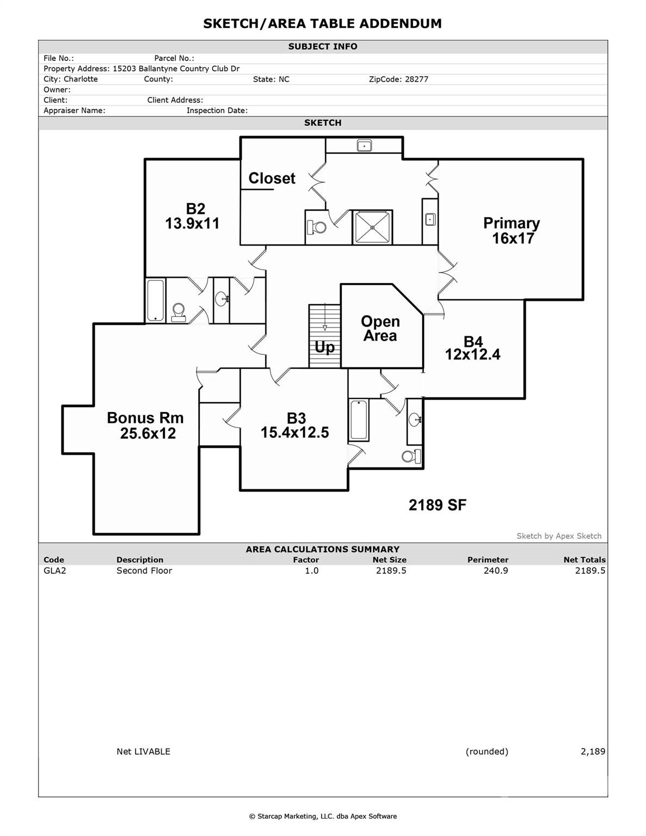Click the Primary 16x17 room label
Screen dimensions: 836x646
(512, 231)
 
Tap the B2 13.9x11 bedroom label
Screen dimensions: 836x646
(193, 216)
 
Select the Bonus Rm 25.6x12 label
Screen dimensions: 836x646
(146, 426)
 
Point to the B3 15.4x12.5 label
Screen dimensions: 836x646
(295, 426)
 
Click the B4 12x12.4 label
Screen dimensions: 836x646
(472, 348)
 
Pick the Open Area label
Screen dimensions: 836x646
(380, 329)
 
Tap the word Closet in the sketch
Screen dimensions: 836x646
(272, 179)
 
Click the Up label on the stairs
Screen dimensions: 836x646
(325, 347)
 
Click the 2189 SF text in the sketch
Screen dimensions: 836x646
(438, 505)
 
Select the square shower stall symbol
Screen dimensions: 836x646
(372, 228)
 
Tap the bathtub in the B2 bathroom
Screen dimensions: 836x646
(156, 300)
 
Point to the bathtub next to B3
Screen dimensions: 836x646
(359, 420)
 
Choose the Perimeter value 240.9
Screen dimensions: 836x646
(496, 570)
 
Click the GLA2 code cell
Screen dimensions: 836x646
(54, 570)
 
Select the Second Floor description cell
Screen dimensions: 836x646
(144, 570)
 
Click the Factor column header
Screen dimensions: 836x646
(306, 560)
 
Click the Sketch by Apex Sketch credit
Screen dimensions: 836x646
(559, 536)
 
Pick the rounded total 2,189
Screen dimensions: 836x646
(593, 752)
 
